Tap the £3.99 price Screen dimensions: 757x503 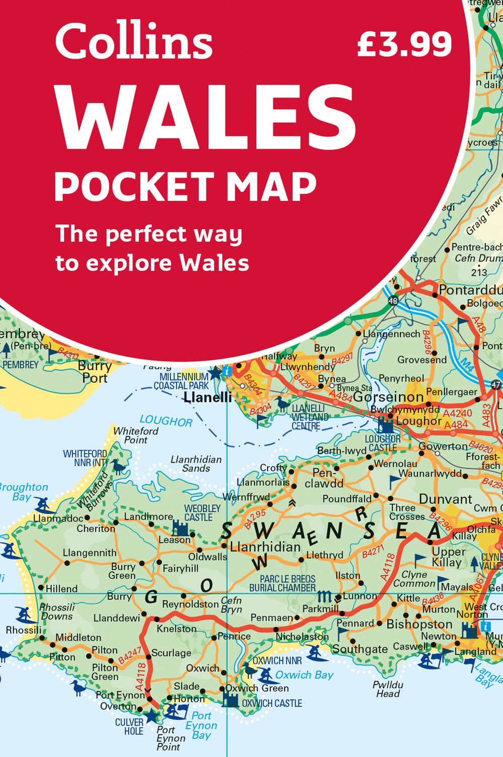(404, 44)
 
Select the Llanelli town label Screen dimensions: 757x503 (208, 397)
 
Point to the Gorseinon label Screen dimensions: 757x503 (388, 397)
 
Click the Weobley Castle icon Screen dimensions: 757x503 (180, 528)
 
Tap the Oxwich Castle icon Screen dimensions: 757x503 (230, 699)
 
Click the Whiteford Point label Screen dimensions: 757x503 (136, 435)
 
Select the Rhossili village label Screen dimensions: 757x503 (24, 630)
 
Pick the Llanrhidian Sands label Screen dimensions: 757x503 (196, 464)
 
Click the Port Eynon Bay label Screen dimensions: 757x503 (201, 725)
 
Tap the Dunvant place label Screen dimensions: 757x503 (445, 499)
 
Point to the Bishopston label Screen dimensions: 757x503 (420, 624)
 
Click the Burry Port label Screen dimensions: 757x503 (95, 372)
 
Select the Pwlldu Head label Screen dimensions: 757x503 (388, 689)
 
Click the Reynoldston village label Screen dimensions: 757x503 (190, 604)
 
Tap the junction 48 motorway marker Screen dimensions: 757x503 (393, 301)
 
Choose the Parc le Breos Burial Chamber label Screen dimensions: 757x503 (287, 583)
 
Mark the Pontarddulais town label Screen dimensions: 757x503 (470, 290)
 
